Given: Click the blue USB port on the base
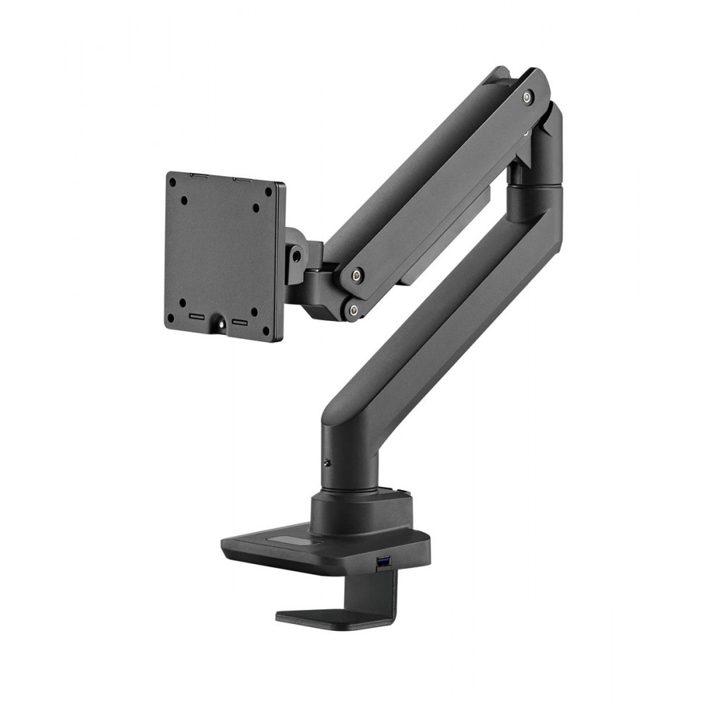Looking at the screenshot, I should [384, 562].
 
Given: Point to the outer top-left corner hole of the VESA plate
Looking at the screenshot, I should [171, 183].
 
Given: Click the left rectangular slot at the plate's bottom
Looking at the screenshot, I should [197, 318].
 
